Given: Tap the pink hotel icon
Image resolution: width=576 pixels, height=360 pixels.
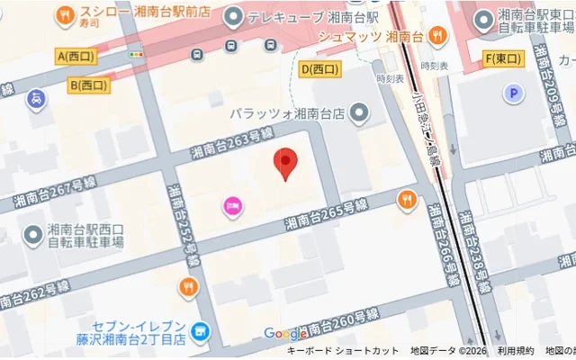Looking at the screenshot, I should [x=232, y=206].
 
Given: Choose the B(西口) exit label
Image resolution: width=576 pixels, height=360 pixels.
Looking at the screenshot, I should [x=88, y=85].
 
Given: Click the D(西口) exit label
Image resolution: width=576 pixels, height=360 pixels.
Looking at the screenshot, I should [x=321, y=68].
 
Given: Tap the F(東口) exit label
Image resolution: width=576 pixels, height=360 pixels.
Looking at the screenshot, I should [x=502, y=59].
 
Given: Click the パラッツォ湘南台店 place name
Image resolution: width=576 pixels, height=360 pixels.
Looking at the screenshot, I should [x=287, y=113].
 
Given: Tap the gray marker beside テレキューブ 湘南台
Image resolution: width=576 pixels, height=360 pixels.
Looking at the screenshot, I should [x=233, y=16].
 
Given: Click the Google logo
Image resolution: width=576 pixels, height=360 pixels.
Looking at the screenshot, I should [x=284, y=334].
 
